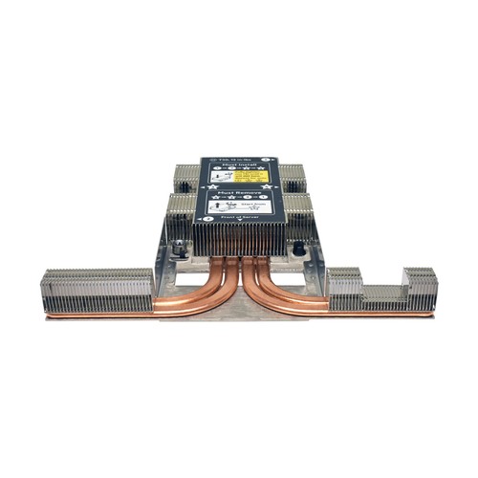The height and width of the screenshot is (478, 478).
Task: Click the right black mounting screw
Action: tap(298, 249)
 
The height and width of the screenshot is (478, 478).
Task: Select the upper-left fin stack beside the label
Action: tap(185, 178)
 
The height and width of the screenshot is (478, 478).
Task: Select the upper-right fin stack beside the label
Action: tap(292, 178)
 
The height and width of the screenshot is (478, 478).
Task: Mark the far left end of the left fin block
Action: tap(45, 291)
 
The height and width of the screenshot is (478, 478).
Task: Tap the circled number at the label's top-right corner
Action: tap(273, 160)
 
